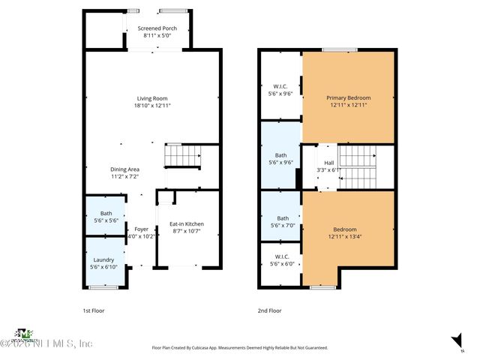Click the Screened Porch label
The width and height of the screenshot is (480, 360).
pyautogui.click(x=157, y=28)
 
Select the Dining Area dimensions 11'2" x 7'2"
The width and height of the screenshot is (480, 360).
pyautogui.click(x=125, y=177)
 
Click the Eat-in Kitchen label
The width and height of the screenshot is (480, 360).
pyautogui.click(x=187, y=224)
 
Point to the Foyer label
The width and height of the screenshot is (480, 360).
pyautogui.click(x=141, y=229)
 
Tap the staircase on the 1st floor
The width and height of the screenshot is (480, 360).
pyautogui.click(x=183, y=157)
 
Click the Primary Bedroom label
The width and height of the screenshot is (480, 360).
pyautogui.click(x=348, y=98)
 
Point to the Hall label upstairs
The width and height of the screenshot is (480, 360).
pyautogui.click(x=329, y=163)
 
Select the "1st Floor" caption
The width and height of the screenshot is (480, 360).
pyautogui.click(x=94, y=310)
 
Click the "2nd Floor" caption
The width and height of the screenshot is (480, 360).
pyautogui.click(x=268, y=310)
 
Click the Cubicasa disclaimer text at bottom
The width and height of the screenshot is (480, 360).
pyautogui.click(x=240, y=348)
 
